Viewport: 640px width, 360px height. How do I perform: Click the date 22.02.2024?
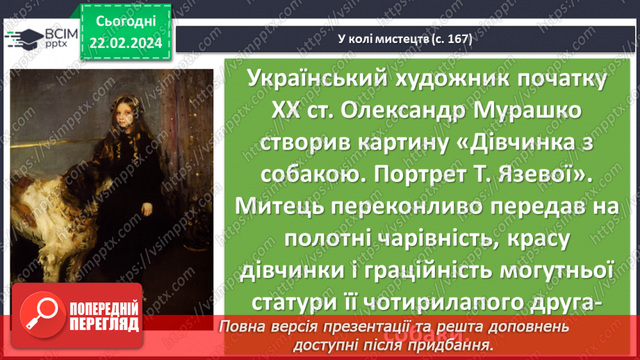[x=125, y=43]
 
